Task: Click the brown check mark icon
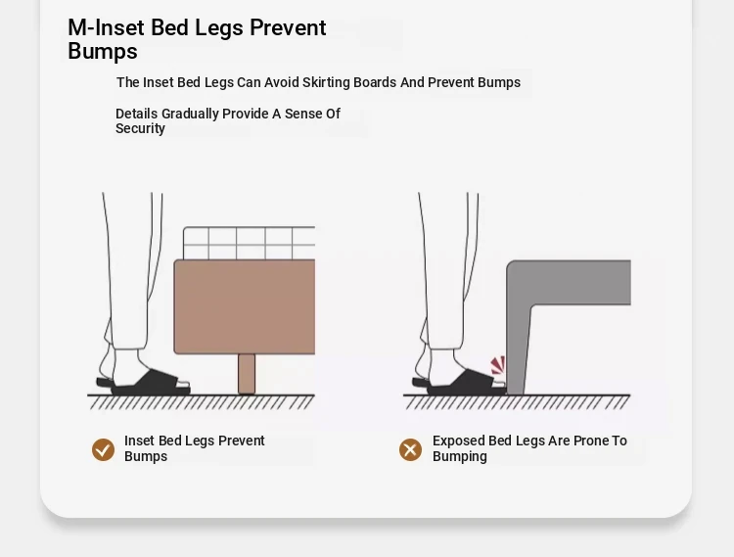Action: pyautogui.click(x=103, y=450)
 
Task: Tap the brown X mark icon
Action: pyautogui.click(x=410, y=450)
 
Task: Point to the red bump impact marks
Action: pyautogui.click(x=498, y=365)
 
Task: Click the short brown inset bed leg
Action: pyautogui.click(x=247, y=374)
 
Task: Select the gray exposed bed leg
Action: pyautogui.click(x=519, y=347)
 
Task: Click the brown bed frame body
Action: pyautogui.click(x=245, y=306)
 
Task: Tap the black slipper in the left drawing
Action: pyautogui.click(x=143, y=383)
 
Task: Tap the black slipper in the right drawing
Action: pyautogui.click(x=459, y=383)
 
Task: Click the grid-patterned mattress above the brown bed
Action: pyautogui.click(x=249, y=243)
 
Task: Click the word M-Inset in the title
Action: pyautogui.click(x=107, y=27)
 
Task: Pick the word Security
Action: pyautogui.click(x=140, y=128)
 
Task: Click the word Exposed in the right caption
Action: pyautogui.click(x=459, y=441)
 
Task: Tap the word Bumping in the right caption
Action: pyautogui.click(x=460, y=457)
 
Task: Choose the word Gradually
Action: pyautogui.click(x=190, y=114)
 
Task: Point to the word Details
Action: pyautogui.click(x=137, y=114)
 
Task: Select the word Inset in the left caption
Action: pyautogui.click(x=140, y=441)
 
